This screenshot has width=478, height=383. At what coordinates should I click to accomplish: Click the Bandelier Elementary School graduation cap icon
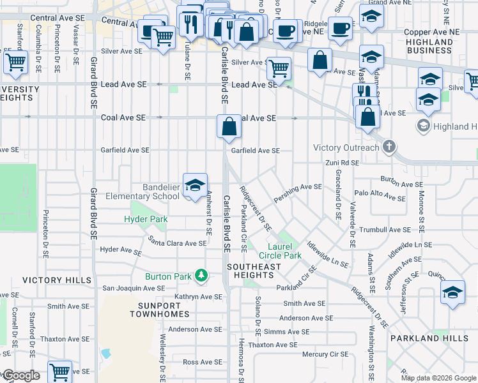click(x=196, y=185)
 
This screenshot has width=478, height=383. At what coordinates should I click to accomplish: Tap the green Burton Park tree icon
click(x=202, y=276)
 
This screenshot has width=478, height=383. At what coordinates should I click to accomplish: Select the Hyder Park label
click(x=146, y=219)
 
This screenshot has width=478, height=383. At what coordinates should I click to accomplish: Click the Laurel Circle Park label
click(x=275, y=251)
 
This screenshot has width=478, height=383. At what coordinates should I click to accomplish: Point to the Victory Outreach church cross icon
click(x=389, y=147)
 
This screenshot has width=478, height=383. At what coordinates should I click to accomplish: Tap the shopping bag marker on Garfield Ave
click(x=229, y=126)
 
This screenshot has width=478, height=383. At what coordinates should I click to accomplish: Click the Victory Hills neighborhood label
click(x=52, y=280)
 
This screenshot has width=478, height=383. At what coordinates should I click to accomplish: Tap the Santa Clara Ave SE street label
click(x=177, y=243)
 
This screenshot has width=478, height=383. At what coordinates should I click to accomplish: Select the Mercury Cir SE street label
click(x=325, y=354)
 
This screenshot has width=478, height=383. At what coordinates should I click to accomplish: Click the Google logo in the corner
click(x=22, y=375)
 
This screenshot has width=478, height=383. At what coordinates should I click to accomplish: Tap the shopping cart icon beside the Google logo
click(x=59, y=371)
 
